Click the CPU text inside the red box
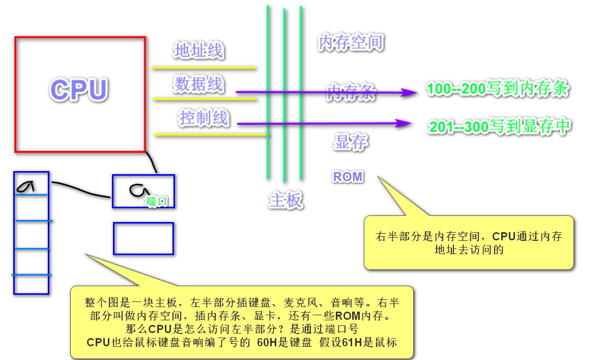tap(79, 90)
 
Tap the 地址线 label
tap(198, 51)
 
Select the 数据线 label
tap(198, 84)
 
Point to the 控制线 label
tap(204, 118)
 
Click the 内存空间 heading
tap(350, 42)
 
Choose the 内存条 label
tap(351, 92)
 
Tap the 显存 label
tap(351, 143)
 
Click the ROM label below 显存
tap(348, 177)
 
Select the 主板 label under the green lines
tap(285, 201)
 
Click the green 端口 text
tap(156, 201)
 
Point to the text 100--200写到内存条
tap(497, 90)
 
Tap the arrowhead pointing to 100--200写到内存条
tap(409, 92)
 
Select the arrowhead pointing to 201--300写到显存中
tap(405, 123)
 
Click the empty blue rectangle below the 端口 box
tap(143, 238)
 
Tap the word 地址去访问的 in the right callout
tap(468, 250)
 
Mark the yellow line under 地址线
tap(204, 67)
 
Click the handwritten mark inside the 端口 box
tap(136, 190)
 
